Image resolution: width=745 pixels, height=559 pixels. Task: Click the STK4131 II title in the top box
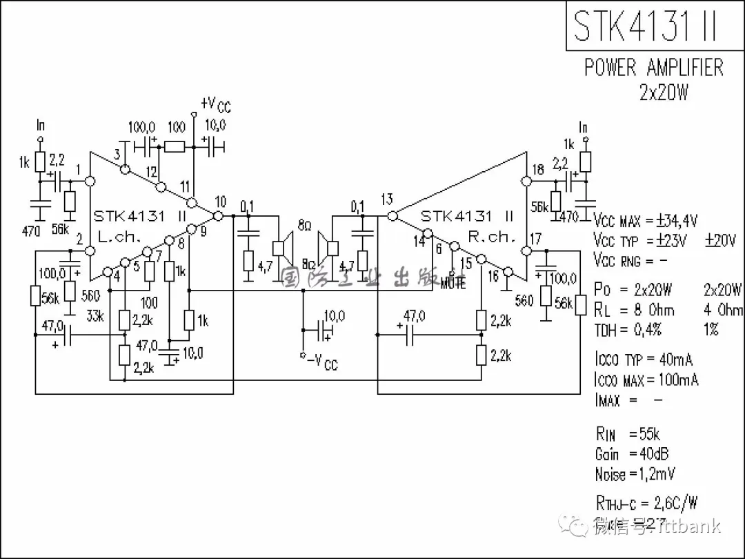tap(646, 25)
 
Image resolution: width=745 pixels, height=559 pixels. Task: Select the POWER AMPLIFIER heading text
tap(654, 68)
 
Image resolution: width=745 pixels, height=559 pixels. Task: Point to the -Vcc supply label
tap(321, 361)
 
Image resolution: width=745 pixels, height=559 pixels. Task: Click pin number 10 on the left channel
tap(220, 202)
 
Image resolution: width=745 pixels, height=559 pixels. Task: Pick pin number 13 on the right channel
tap(386, 200)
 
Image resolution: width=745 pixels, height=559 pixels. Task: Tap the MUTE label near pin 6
tap(453, 283)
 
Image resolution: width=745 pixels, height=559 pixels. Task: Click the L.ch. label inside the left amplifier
tap(119, 235)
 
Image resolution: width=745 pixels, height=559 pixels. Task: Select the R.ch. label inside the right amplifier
tap(491, 236)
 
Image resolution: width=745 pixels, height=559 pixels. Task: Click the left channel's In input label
tap(41, 126)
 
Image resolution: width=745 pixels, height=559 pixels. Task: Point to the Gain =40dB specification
tap(631, 454)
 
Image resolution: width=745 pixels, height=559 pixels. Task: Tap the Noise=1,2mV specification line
tap(635, 474)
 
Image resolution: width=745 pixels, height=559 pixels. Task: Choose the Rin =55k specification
tap(628, 434)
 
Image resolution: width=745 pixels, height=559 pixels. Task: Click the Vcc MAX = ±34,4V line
tap(646, 222)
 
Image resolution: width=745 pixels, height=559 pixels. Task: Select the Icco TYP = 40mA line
tap(643, 360)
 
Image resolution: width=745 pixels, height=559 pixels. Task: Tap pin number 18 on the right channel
tap(538, 169)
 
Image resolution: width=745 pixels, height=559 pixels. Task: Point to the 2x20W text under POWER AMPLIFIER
tap(663, 92)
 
